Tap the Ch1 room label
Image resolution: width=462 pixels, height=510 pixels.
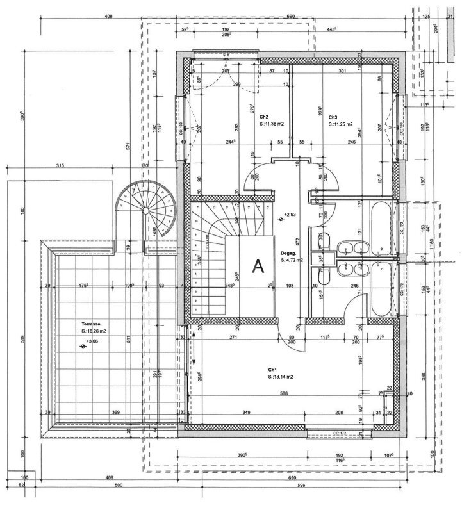point(272,370)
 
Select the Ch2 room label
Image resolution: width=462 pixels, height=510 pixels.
point(263,117)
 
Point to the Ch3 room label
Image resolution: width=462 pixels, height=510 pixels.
point(333,117)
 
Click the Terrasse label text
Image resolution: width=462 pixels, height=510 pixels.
point(91,324)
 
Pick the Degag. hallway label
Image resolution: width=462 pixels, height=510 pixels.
point(287,253)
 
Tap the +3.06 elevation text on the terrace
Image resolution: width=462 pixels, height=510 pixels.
point(92,341)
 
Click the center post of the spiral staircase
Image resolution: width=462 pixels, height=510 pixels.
point(145,210)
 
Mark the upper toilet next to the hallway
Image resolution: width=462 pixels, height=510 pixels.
point(323,241)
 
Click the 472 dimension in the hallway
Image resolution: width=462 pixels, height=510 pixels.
point(297,242)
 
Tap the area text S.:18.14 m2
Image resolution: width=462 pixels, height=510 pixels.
point(281,377)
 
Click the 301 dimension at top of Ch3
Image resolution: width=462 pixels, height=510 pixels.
point(342,70)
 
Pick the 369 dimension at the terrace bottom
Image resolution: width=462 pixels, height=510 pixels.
point(116,412)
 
